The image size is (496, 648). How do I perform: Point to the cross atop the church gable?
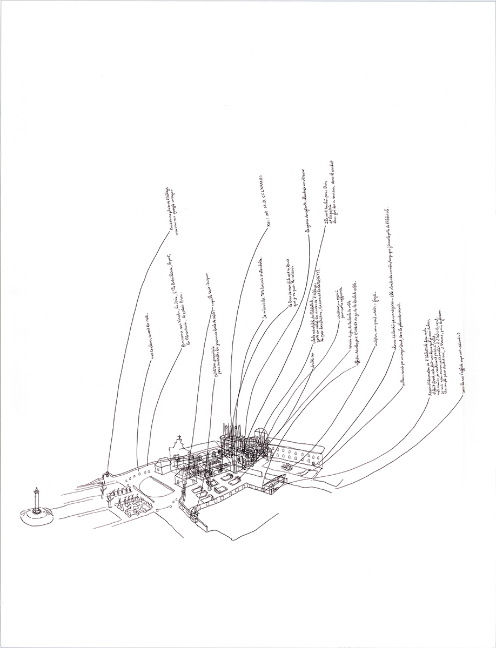coord(179,437)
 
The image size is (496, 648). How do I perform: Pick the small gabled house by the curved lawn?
coord(162,465)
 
